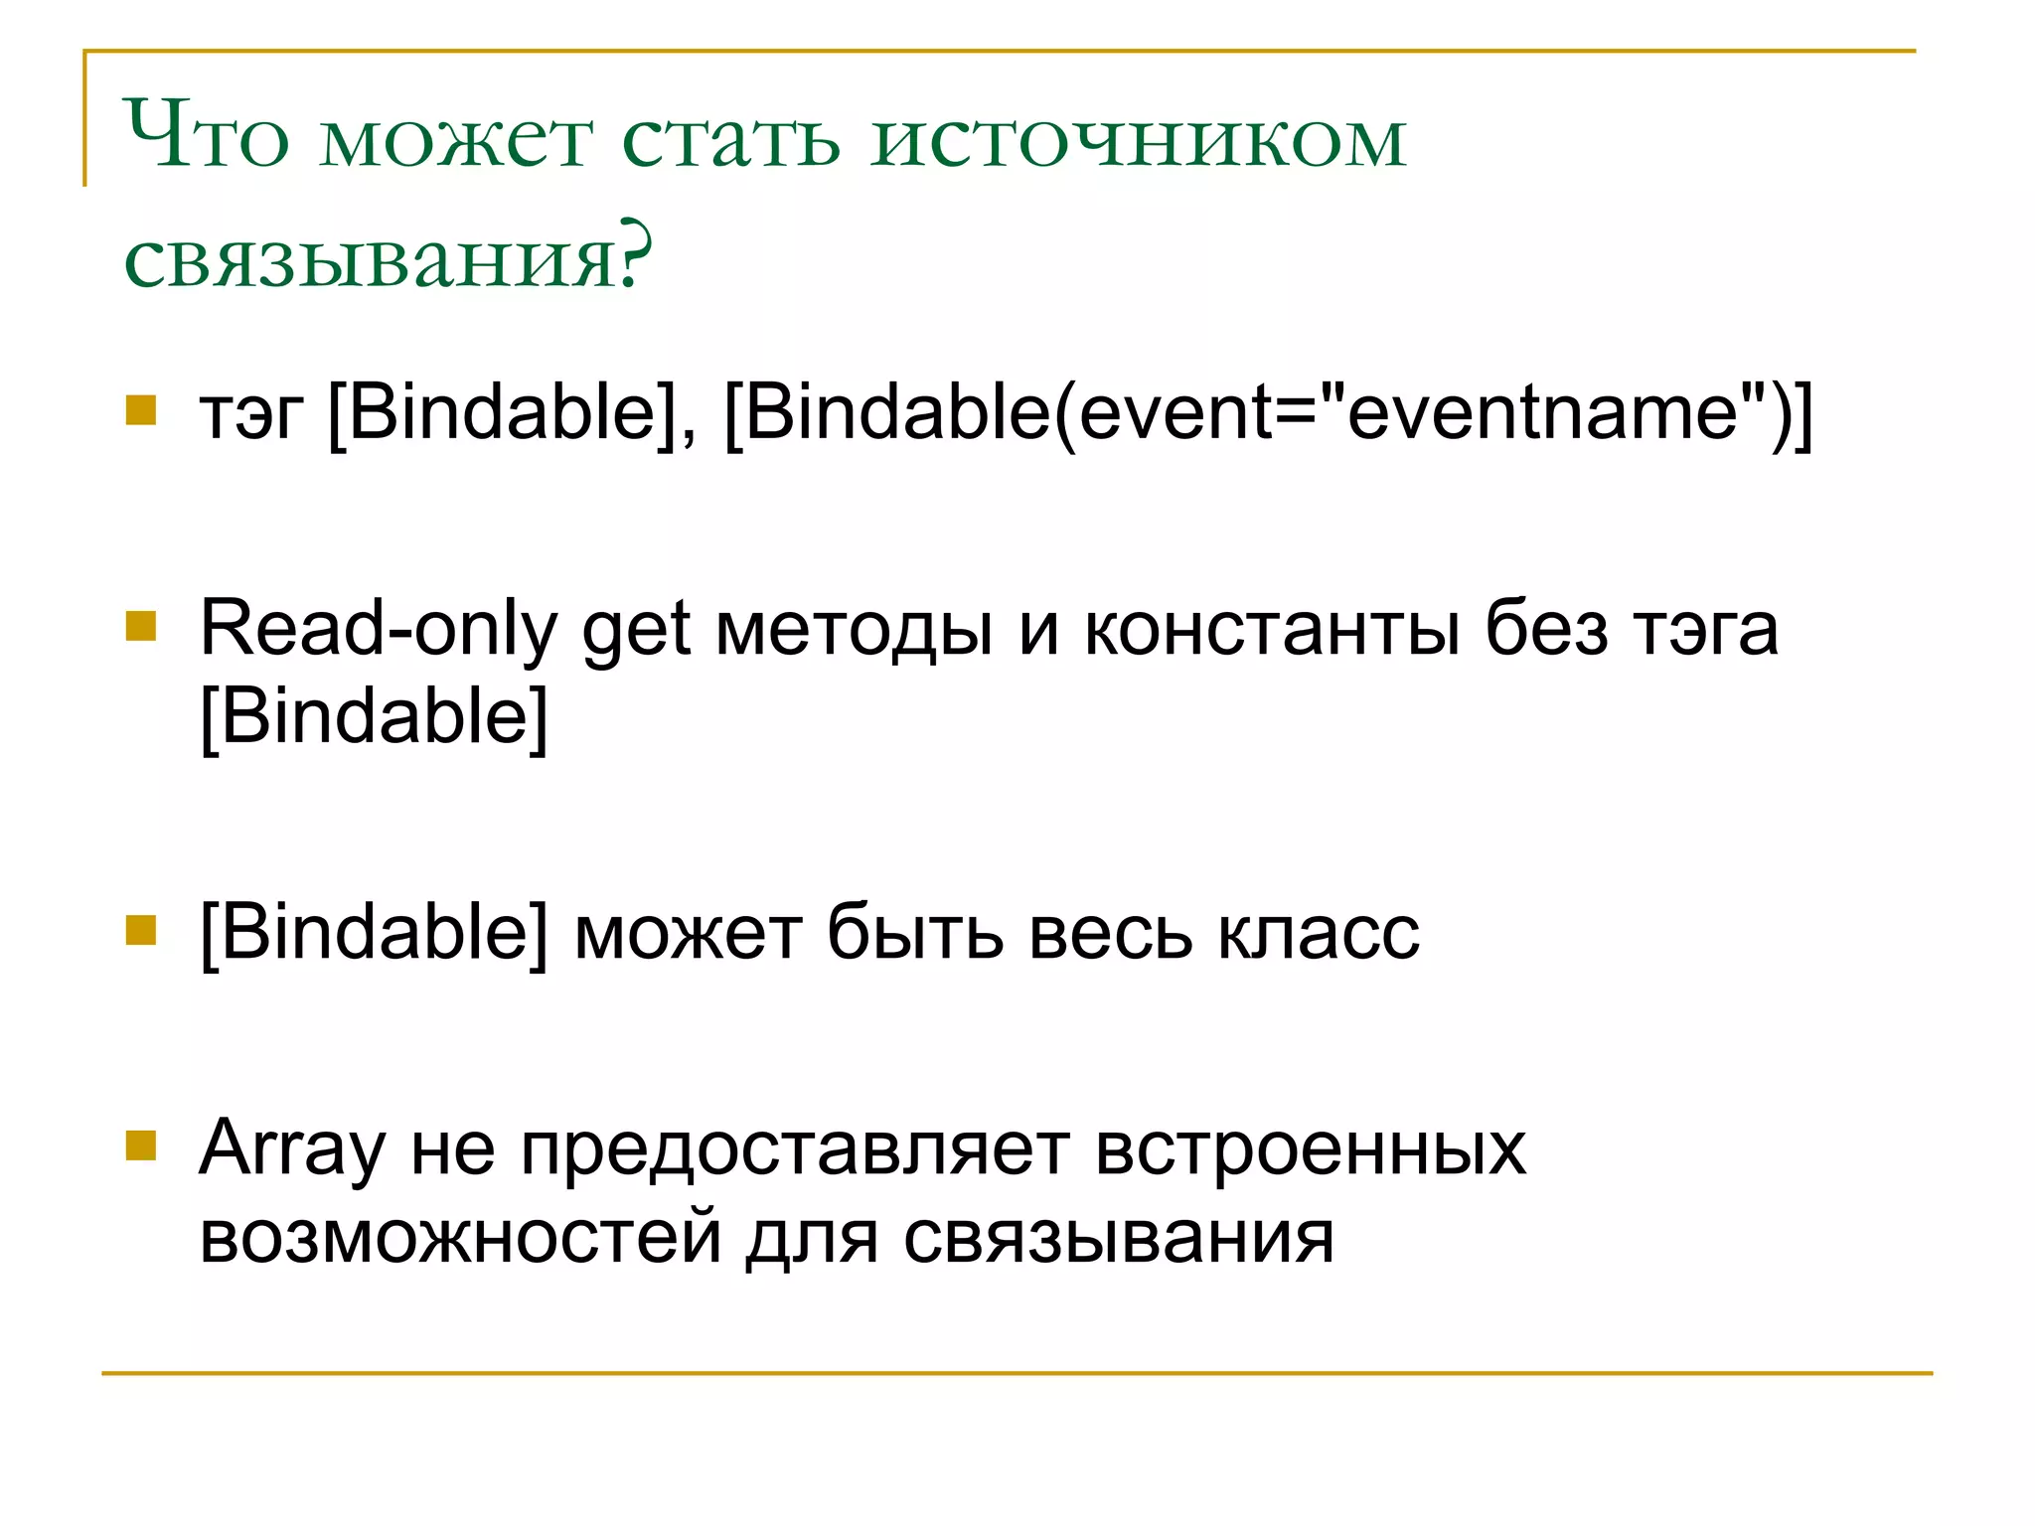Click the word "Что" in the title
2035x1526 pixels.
tap(206, 136)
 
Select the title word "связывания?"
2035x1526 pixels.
tap(389, 257)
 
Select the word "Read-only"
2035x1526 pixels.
tap(379, 629)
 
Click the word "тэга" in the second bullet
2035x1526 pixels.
tap(1705, 631)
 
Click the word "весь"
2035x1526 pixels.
tap(1110, 934)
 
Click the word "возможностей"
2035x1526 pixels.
tap(460, 1238)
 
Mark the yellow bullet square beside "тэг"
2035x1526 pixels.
tap(141, 409)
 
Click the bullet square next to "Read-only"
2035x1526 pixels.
tap(141, 626)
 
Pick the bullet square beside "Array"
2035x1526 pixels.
tap(141, 1145)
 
